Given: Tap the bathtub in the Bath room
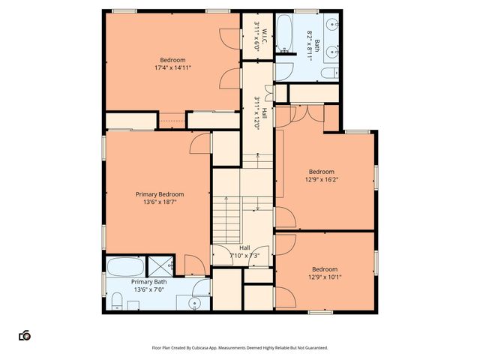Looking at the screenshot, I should click(285, 33).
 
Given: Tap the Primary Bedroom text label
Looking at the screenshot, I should click(160, 194).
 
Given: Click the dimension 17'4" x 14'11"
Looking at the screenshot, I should click(172, 67).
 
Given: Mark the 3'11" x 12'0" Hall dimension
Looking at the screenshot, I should click(256, 113).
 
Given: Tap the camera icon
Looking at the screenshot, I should click(24, 335).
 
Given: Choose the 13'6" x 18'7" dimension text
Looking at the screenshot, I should click(160, 202).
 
